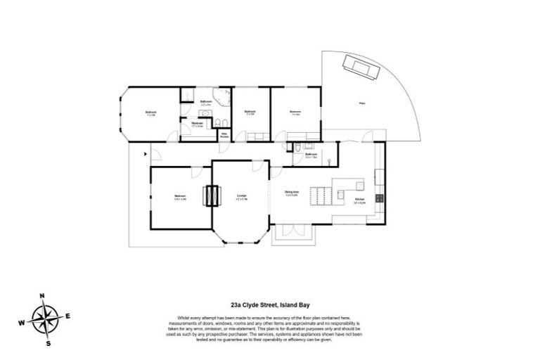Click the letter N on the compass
click(42, 295)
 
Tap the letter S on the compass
click(48, 344)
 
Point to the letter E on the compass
click(68, 316)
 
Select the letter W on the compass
click(22, 323)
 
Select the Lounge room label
click(240, 197)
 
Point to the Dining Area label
click(292, 193)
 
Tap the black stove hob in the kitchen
click(379, 198)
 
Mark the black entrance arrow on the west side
click(146, 153)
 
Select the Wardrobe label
click(198, 124)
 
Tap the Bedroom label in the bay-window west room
click(150, 112)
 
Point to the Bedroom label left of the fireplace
click(180, 196)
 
